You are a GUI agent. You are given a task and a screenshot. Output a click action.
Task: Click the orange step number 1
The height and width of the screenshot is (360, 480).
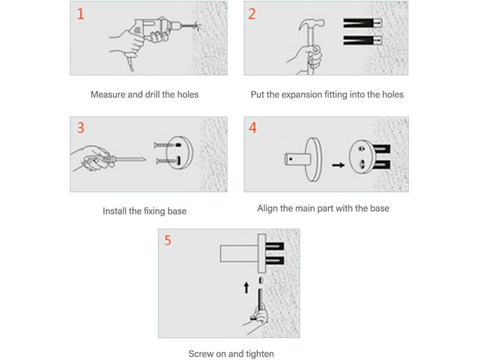click(80, 14)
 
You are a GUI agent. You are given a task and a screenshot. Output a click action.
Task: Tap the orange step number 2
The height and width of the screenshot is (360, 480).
click(251, 14)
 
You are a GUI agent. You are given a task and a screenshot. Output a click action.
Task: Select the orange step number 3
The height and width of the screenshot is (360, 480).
click(80, 128)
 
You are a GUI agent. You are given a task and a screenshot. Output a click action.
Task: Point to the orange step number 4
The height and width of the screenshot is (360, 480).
click(252, 128)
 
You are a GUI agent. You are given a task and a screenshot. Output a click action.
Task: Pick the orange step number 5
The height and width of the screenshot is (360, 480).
click(167, 241)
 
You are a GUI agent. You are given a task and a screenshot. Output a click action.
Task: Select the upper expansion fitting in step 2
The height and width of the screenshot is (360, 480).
click(363, 23)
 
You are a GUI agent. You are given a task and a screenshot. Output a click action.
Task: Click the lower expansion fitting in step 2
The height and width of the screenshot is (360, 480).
click(363, 40)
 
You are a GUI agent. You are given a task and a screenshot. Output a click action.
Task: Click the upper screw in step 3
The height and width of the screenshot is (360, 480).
click(167, 145)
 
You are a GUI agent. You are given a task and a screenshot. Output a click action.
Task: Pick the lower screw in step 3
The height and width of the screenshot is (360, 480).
click(167, 160)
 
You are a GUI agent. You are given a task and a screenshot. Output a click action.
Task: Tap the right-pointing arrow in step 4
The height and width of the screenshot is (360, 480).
click(338, 166)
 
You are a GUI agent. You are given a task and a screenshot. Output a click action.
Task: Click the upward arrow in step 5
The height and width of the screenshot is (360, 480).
click(246, 288)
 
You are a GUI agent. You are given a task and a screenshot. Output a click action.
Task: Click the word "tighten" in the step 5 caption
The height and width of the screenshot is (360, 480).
click(260, 354)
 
